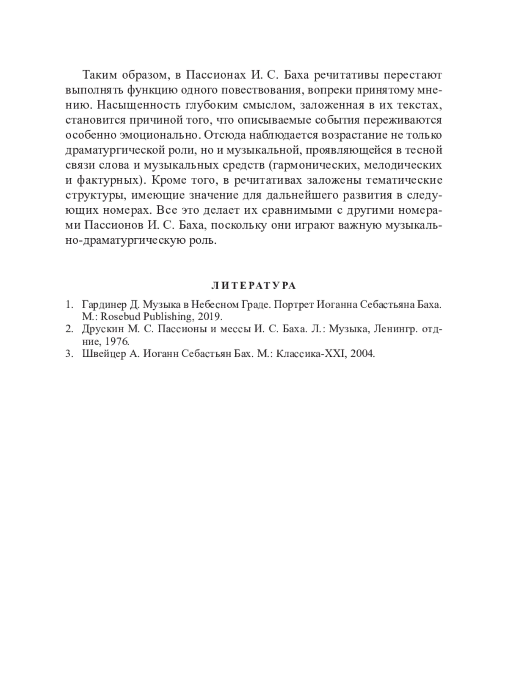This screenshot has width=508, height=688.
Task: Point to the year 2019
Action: (212, 316)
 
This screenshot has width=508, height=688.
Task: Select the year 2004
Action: (362, 354)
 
